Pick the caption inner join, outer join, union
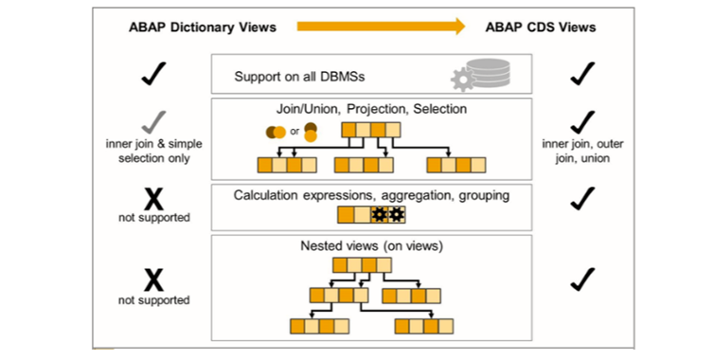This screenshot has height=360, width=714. (x=579, y=152)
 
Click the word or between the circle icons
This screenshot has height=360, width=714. (x=295, y=131)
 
